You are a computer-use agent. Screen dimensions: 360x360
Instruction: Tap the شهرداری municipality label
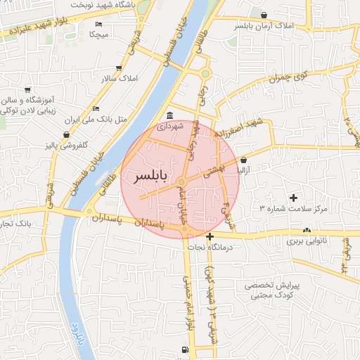tap(169, 127)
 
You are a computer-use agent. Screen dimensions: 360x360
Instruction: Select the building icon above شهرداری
tap(169, 116)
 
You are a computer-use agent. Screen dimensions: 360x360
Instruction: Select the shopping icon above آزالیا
tap(243, 159)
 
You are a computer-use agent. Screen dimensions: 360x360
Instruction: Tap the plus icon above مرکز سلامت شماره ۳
tap(294, 198)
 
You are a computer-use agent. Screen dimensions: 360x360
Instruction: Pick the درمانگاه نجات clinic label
tap(210, 247)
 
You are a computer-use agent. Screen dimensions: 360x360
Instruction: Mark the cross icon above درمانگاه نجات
tap(210, 236)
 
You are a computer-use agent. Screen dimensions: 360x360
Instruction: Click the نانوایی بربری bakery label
tap(307, 241)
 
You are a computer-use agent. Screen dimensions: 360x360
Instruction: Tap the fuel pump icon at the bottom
tap(185, 349)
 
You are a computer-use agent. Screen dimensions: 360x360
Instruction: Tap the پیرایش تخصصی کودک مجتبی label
tap(276, 292)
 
